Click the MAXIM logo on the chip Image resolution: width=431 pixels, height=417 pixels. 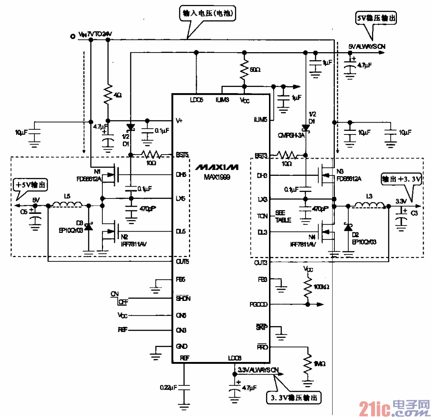click(217, 167)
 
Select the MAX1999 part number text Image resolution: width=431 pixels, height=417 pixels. click(217, 177)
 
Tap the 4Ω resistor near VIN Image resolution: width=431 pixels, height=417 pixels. click(108, 95)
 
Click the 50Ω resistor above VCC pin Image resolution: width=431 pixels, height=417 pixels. click(245, 69)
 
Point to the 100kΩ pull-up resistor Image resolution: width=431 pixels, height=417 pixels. click(307, 288)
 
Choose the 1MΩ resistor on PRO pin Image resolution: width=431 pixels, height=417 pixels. click(307, 364)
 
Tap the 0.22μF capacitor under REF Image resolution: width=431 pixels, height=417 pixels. click(184, 387)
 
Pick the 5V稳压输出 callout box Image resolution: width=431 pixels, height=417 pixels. click(376, 18)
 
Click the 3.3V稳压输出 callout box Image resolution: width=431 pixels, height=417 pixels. click(294, 397)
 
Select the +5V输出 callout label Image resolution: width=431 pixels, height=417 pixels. click(31, 185)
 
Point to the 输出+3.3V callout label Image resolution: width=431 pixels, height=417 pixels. click(401, 179)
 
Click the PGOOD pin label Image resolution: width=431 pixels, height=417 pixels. click(259, 304)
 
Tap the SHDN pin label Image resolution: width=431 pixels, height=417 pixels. click(183, 298)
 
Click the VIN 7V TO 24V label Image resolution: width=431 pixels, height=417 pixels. click(95, 34)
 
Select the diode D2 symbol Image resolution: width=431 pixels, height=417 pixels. click(348, 228)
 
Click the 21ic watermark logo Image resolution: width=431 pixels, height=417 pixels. click(394, 408)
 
